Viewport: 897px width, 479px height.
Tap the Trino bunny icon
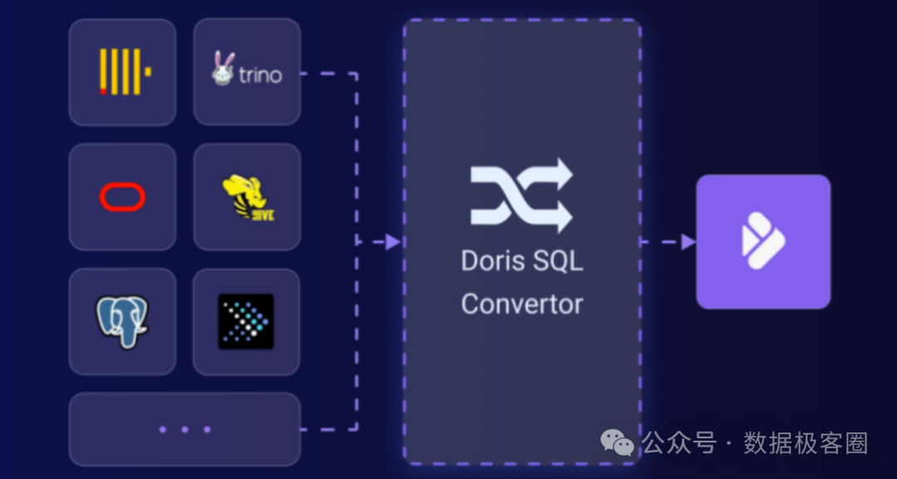point(222,71)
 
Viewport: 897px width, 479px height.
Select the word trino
point(261,75)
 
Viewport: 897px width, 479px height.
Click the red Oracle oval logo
point(123,197)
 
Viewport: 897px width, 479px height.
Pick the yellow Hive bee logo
point(245,198)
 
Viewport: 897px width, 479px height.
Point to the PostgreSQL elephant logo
point(122,321)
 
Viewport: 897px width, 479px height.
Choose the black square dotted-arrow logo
point(246,321)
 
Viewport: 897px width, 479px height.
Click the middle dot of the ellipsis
point(184,429)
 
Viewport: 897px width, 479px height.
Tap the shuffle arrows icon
point(522,195)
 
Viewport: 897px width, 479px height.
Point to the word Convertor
point(522,304)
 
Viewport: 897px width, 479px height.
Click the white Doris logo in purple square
point(762,241)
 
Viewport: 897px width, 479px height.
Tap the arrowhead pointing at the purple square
point(688,242)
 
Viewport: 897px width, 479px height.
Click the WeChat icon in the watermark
point(617,442)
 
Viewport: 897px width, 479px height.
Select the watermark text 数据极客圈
point(806,442)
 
